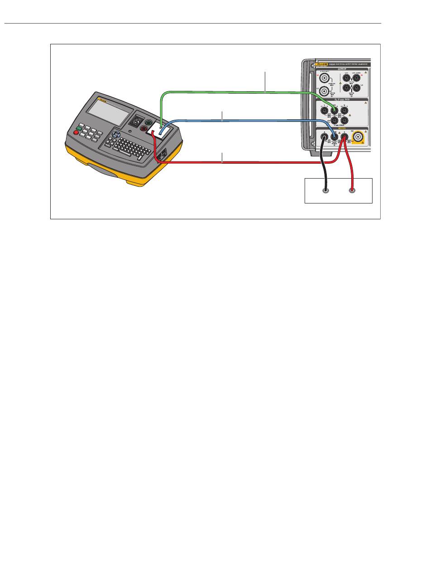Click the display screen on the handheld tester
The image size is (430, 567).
click(109, 113)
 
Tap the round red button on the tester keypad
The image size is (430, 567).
click(76, 133)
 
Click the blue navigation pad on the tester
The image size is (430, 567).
click(116, 135)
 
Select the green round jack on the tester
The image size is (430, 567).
click(148, 123)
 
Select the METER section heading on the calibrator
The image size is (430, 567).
click(342, 128)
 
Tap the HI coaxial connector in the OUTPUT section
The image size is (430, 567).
click(324, 78)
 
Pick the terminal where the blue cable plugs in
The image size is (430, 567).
click(334, 136)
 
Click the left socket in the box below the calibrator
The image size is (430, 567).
click(325, 191)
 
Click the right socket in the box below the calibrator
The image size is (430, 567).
click(352, 191)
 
